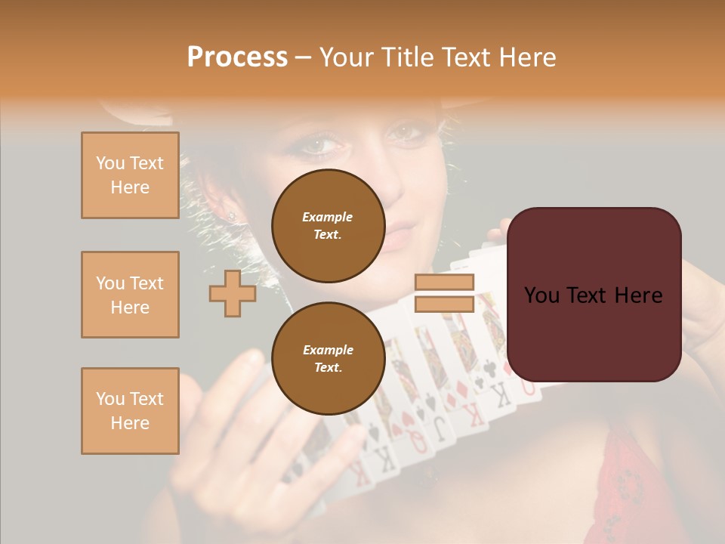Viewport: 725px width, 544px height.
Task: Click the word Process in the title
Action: [x=237, y=57]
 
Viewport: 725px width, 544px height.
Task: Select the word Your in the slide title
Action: [x=346, y=57]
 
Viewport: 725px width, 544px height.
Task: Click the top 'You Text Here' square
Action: [x=130, y=175]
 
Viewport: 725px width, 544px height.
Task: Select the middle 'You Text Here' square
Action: [x=130, y=295]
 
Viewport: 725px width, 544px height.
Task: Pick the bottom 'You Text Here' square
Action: [x=130, y=411]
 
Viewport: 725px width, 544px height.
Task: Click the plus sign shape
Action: [x=233, y=293]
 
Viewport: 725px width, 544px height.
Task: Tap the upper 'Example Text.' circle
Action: [x=328, y=225]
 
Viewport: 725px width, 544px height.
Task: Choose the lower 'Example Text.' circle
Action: [x=328, y=358]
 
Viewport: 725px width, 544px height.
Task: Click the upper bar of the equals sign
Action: [x=445, y=283]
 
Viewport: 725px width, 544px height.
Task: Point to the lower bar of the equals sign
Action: [x=445, y=304]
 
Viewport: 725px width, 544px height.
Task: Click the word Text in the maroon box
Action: [x=594, y=295]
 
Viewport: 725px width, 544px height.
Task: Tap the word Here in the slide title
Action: [x=526, y=57]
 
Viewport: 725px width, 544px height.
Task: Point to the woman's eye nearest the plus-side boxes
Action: [x=318, y=144]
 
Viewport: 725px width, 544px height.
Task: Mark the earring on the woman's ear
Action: [x=231, y=217]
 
